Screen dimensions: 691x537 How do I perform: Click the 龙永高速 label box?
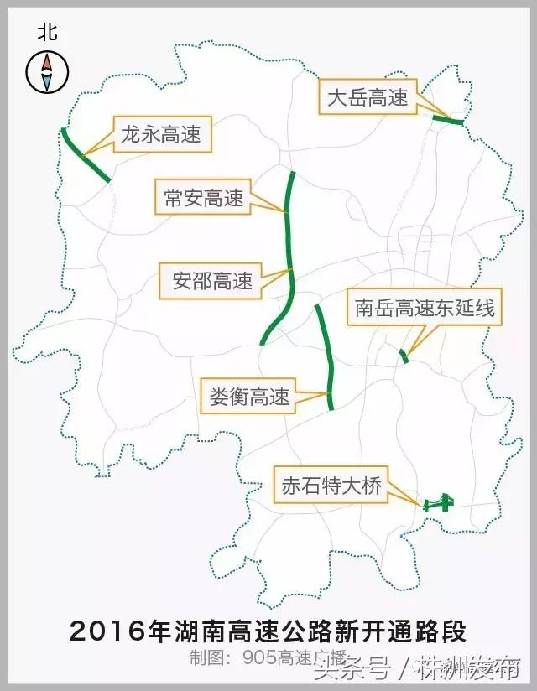click(x=160, y=135)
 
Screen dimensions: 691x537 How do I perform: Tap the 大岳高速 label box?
click(x=368, y=98)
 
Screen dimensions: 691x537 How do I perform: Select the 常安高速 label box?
click(x=203, y=198)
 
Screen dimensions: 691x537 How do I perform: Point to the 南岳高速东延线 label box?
click(x=425, y=309)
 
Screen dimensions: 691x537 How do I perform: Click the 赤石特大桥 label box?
click(x=331, y=486)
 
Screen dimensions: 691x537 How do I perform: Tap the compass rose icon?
click(x=47, y=71)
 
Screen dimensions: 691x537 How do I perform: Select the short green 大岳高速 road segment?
click(x=447, y=122)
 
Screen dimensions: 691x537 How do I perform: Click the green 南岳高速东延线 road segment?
click(x=404, y=356)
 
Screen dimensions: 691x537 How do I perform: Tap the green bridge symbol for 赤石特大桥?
click(x=438, y=504)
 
